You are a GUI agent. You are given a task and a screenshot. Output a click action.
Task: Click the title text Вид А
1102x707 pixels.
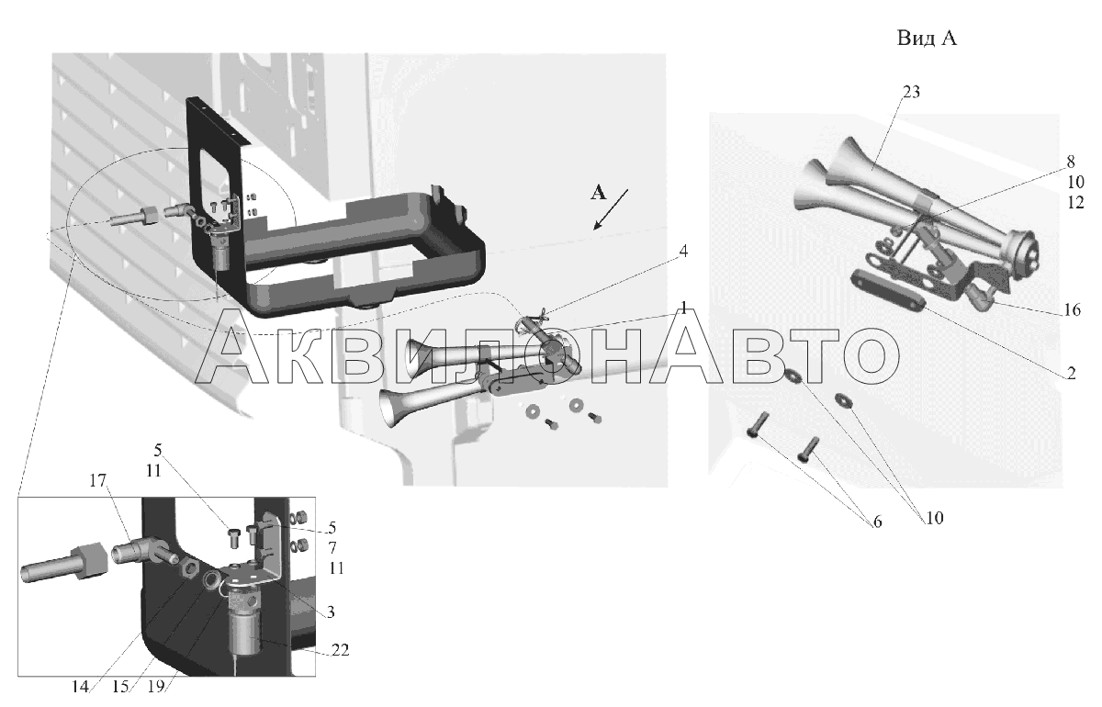pos(927,39)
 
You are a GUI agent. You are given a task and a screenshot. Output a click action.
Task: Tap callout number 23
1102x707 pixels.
pos(911,92)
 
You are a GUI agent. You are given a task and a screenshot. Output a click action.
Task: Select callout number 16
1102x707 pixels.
pos(1072,309)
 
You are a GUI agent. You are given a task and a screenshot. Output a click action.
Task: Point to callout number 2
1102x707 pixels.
pos(1071,373)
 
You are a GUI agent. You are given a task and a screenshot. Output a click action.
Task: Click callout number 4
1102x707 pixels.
pos(683,252)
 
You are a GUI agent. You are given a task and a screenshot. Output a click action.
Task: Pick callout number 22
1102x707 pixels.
pos(340,650)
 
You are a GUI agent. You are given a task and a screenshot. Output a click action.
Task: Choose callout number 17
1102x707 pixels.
pos(98,480)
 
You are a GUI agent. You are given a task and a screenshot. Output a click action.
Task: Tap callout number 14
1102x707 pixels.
pos(80,687)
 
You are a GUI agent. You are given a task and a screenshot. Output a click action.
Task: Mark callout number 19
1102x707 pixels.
pos(156,687)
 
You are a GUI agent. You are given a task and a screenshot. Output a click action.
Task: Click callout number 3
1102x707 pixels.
pos(331,612)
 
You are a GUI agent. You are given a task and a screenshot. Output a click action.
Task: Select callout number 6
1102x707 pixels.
pos(877,522)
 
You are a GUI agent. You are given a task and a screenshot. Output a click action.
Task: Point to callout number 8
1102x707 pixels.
pos(1071,162)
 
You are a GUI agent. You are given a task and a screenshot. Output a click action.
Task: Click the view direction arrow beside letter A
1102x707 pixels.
pos(611,209)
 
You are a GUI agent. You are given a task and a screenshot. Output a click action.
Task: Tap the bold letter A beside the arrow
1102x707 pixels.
pos(598,193)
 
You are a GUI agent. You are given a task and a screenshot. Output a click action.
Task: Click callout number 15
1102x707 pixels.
pos(120,687)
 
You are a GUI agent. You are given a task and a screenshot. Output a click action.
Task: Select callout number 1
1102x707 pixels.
pos(683,309)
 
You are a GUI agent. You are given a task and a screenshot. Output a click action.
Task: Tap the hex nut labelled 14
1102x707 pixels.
pos(190,568)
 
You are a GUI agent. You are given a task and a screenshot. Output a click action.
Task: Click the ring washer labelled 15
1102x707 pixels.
pos(212,579)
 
